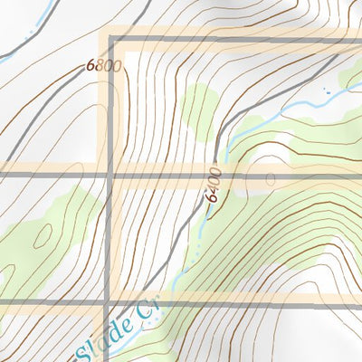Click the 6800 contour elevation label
tap(104, 66)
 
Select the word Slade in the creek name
tap(105, 336)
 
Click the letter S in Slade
tap(89, 346)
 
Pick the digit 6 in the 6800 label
tap(91, 66)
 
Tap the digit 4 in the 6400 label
tap(214, 192)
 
